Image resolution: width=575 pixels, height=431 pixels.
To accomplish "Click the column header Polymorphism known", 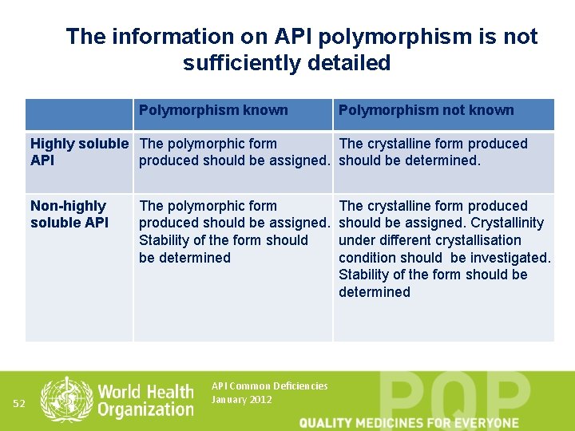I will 213,110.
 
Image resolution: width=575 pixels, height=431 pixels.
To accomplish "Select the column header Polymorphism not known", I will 426,110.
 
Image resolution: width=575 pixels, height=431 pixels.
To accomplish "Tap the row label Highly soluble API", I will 78,152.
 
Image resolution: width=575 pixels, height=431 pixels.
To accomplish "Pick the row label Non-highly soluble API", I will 69,214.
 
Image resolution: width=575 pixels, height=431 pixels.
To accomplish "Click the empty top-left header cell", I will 78,114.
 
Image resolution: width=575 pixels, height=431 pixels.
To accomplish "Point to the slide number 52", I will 20,404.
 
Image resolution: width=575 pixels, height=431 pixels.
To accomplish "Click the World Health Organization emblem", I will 66,399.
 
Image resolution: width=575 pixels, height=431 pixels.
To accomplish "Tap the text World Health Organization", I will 145,400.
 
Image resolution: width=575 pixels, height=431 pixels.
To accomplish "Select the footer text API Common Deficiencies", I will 269,386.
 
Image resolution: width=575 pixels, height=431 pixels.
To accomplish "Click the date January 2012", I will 241,400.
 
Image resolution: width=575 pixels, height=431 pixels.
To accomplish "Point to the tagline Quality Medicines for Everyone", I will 409,422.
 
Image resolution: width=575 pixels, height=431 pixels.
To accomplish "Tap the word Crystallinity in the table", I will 507,223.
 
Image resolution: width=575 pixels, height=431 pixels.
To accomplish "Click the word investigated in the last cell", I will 510,258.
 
